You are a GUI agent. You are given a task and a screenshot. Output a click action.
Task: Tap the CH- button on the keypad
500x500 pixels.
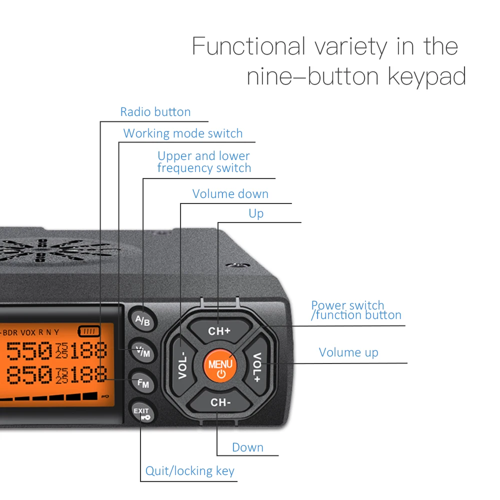[220, 402]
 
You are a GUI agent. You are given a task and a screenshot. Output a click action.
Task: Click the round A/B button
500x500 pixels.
[143, 320]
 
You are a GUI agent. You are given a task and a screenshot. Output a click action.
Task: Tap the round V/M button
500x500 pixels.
[143, 352]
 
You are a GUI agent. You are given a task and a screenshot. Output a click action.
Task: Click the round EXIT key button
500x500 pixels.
[142, 413]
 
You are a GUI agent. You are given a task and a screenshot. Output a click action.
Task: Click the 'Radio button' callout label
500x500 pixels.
[155, 112]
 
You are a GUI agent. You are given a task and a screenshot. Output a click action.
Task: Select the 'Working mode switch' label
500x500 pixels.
[182, 133]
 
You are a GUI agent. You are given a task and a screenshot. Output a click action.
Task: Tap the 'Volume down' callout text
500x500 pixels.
[230, 194]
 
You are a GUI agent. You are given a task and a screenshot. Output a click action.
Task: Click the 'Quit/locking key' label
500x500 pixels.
[189, 471]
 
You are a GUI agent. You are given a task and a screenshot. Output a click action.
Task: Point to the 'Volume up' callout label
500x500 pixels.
[348, 352]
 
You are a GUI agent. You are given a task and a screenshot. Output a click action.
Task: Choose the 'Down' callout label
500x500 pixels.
[247, 447]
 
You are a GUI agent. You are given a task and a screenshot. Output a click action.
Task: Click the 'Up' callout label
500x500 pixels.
[256, 213]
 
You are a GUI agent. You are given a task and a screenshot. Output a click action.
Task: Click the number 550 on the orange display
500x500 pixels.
[28, 351]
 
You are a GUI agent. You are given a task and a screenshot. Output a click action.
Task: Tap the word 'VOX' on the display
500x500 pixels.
[28, 332]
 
